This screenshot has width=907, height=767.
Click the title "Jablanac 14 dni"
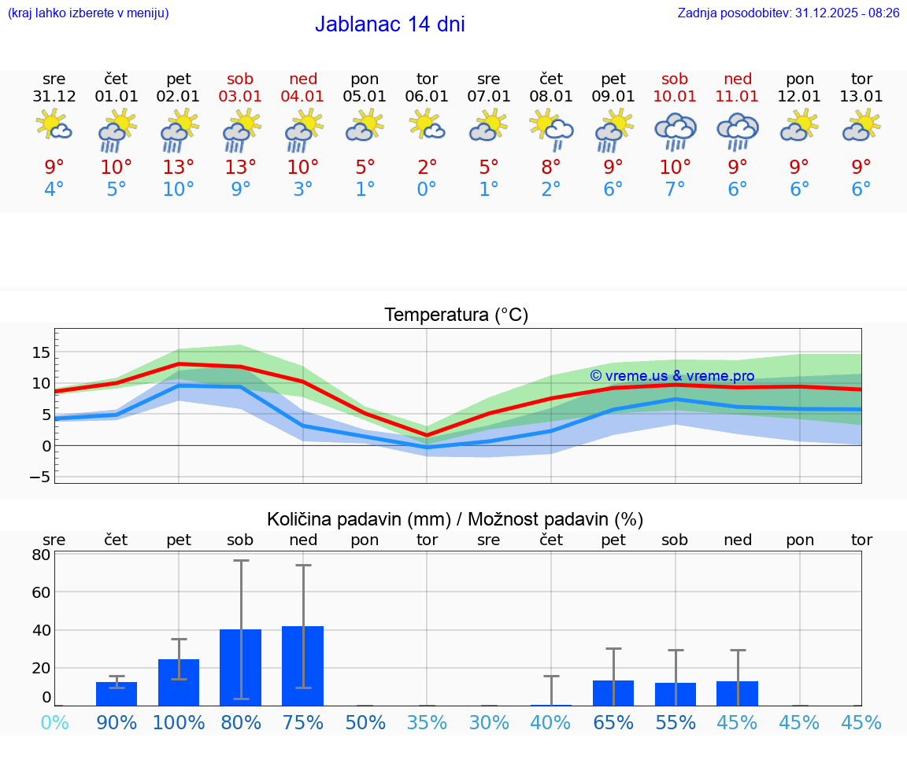[x=390, y=24]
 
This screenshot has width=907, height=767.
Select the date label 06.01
[x=427, y=97]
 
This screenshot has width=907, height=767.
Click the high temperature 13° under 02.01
[x=179, y=168]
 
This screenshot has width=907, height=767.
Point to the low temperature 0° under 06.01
[x=427, y=190]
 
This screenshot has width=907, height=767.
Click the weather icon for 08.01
[x=551, y=129]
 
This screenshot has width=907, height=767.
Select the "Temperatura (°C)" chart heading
[x=456, y=315]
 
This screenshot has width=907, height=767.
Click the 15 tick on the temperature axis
[x=41, y=352]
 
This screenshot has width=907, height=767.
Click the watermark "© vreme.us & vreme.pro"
[x=672, y=376]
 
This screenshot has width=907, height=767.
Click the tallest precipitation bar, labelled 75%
[x=303, y=666]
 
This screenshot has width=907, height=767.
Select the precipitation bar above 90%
[x=117, y=694]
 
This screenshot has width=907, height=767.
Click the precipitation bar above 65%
[x=613, y=693]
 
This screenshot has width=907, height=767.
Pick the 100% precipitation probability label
[x=179, y=722]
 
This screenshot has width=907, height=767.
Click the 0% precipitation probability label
[x=54, y=722]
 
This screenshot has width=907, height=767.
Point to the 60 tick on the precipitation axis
[x=41, y=592]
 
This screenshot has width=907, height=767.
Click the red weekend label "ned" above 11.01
[x=737, y=79]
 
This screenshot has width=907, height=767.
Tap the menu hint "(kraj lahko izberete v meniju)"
[x=88, y=13]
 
